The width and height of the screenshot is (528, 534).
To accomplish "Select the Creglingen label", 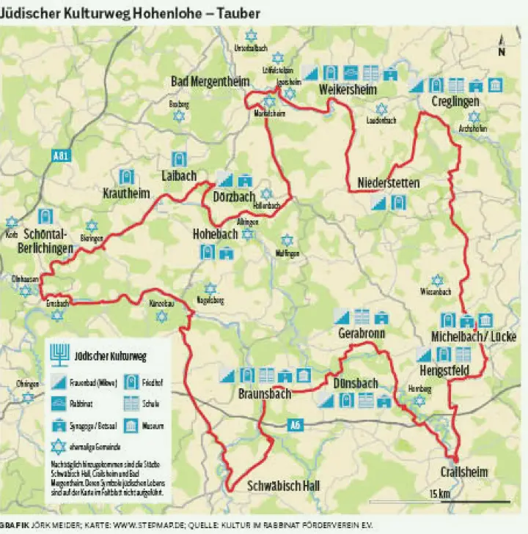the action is coord(455,100).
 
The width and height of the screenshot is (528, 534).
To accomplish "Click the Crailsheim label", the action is coord(464,472).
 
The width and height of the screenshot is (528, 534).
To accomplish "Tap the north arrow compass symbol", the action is coord(501,45).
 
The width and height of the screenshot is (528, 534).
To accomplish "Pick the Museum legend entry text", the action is coord(154,426).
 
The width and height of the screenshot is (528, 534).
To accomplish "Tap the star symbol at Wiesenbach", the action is coord(438,281).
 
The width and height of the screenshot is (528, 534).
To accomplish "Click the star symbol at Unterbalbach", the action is coord(252,35).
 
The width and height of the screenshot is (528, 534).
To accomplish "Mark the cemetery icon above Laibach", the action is coord(177,159).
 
